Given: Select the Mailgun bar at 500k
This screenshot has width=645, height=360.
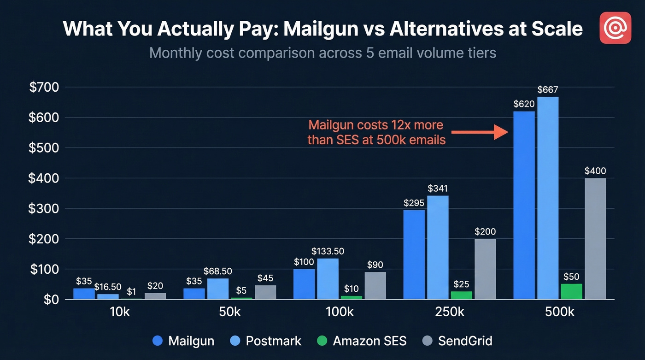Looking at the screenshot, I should (524, 205).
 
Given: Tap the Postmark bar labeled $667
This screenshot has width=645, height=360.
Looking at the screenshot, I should (548, 198).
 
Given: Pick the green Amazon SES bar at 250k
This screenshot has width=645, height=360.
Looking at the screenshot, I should (461, 295).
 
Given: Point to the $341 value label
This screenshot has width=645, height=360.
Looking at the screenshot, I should (438, 189).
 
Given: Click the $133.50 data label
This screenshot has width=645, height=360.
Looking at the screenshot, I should (328, 251).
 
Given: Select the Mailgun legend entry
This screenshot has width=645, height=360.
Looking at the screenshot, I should (183, 341).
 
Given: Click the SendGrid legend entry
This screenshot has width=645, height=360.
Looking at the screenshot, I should (457, 341).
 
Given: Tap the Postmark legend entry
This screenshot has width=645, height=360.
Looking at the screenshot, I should (266, 341).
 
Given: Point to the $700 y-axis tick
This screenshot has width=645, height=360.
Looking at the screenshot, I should (44, 87).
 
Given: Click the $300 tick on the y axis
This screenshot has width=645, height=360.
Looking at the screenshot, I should (44, 208).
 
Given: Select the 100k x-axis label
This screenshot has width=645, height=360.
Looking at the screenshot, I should (340, 313).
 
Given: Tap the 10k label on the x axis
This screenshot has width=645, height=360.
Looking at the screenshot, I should (119, 313).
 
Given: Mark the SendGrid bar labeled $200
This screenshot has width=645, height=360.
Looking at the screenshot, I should (485, 269).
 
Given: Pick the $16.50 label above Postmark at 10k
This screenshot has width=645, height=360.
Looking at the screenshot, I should (108, 287).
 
